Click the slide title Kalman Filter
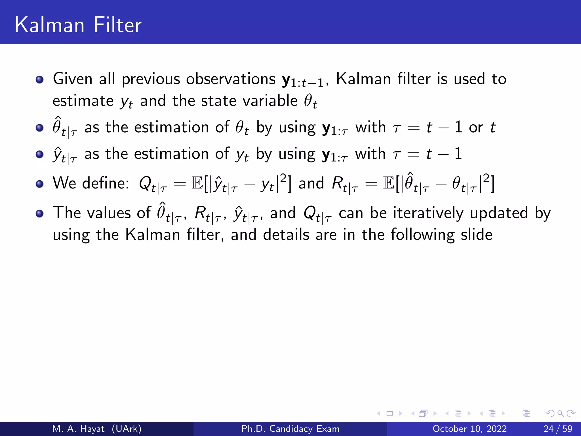click(78, 25)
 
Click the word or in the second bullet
click(476, 127)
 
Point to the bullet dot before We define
click(40, 184)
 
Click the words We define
click(91, 183)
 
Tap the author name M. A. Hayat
click(78, 429)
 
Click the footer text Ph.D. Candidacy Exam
click(290, 429)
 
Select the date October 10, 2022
click(470, 429)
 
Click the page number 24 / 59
click(558, 429)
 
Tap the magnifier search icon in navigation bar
click(560, 414)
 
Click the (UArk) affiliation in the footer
click(127, 429)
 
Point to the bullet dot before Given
click(40, 80)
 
